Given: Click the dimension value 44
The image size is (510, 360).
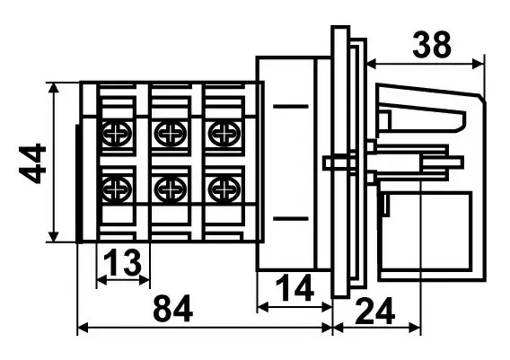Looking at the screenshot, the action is tap(32, 163).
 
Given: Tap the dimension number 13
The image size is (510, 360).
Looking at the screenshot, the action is tap(124, 262).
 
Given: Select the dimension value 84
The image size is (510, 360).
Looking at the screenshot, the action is tap(172, 308).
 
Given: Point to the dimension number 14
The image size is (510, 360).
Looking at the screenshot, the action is tap(295, 288).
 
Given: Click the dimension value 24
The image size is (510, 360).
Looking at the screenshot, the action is tap(375, 312).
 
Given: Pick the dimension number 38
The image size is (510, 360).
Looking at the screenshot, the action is tap(432, 45).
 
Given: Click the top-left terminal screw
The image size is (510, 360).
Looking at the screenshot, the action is tap(118, 134).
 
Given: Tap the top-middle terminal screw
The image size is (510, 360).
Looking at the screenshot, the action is tap(171, 134).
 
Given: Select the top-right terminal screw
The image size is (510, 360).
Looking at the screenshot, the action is tap(224, 134).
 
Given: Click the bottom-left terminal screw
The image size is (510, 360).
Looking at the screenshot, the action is tap(118, 189).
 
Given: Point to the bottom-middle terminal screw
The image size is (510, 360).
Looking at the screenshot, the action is tap(171, 189).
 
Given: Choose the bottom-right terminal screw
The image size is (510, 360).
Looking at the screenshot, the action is tap(224, 189).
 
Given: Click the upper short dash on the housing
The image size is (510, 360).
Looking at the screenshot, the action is tap(290, 106).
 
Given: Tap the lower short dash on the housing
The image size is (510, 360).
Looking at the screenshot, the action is tap(290, 218).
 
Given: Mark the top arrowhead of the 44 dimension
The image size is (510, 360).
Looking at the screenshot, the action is tap(54, 88).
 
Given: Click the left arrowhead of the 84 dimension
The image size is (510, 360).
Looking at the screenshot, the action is tap(83, 329).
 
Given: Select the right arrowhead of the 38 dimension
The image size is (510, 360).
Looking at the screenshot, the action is tap(479, 64).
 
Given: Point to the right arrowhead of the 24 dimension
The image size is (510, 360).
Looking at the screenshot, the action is tap(416, 329).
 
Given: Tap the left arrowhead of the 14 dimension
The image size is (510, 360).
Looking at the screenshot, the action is tap(263, 306).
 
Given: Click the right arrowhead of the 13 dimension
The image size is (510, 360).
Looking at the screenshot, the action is tap(145, 280).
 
